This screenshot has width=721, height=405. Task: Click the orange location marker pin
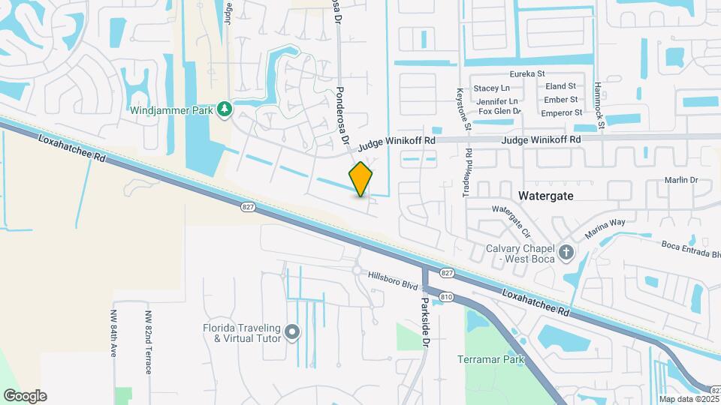pyautogui.click(x=361, y=179)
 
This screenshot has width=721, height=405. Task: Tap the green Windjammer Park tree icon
pyautogui.click(x=224, y=110)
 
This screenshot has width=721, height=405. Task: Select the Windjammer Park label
pyautogui.click(x=172, y=111)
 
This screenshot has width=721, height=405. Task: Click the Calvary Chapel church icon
pyautogui.click(x=566, y=253)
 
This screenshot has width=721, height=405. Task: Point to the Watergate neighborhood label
pyautogui.click(x=546, y=195)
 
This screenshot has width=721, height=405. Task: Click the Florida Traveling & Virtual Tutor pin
pyautogui.click(x=292, y=331)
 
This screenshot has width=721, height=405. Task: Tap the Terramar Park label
pyautogui.click(x=490, y=359)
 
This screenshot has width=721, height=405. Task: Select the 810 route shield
pyautogui.click(x=447, y=297)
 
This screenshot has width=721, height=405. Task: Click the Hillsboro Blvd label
pyautogui.click(x=393, y=280)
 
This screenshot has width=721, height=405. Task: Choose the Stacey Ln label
pyautogui.click(x=491, y=88)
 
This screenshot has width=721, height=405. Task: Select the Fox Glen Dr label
pyautogui.click(x=499, y=112)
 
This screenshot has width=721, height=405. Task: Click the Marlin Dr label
pyautogui.click(x=681, y=180)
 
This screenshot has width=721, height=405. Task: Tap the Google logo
pyautogui.click(x=25, y=396)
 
